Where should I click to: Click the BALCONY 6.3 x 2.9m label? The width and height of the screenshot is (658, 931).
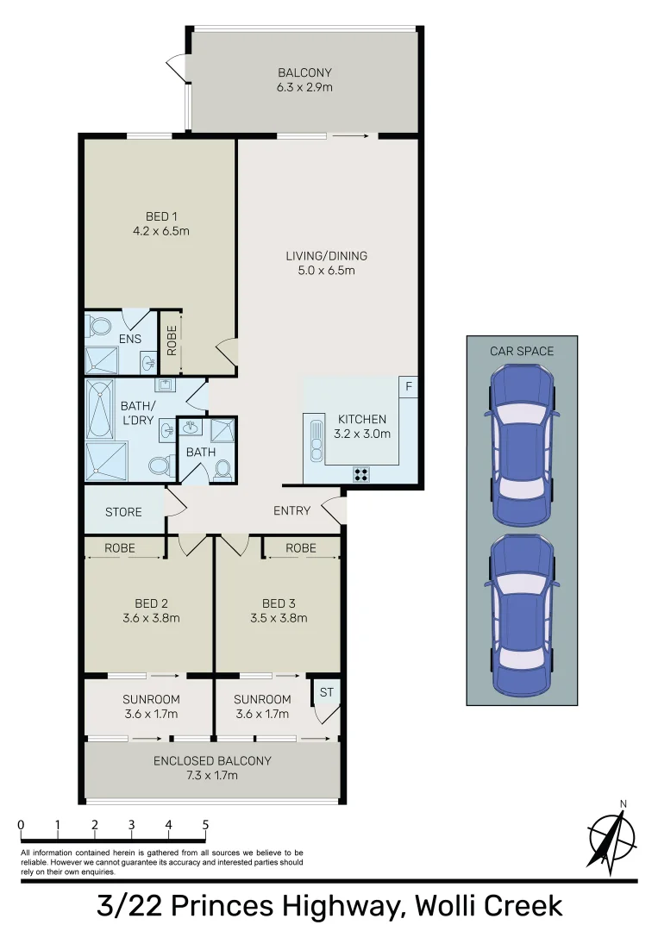click(304, 80)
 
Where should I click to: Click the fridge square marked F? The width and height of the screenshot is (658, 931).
click(409, 388)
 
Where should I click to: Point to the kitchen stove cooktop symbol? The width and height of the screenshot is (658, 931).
click(360, 472)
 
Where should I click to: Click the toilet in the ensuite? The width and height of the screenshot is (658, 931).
click(99, 327)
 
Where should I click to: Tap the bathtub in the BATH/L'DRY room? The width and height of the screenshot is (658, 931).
click(98, 409)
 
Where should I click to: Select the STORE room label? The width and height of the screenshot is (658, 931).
click(123, 512)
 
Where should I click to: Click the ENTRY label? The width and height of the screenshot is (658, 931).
click(291, 510)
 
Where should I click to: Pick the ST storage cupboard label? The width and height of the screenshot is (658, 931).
click(326, 691)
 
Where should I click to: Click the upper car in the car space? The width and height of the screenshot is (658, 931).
click(522, 444)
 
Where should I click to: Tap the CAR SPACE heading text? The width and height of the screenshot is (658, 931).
click(522, 351)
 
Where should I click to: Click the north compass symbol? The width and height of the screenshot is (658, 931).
click(611, 837)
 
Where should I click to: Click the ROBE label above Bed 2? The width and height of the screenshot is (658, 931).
click(119, 547)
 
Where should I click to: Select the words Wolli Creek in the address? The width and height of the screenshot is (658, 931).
click(489, 906)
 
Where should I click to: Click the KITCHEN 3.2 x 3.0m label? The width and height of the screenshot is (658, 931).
click(362, 427)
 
